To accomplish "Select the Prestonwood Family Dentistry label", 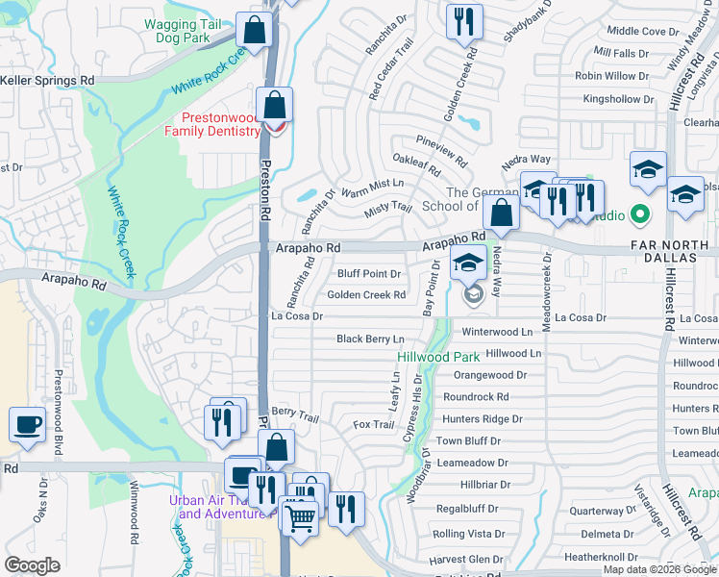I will pos(215,124).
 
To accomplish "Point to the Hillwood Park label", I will pos(425,357).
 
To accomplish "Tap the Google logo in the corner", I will pos(33,565).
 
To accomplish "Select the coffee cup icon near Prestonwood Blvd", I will pos(28,425).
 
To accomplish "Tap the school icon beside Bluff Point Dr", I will pos(468,263).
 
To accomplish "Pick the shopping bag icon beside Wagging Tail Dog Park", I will pos(255,30).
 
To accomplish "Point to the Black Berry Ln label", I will pos(370,339).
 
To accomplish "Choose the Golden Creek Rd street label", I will pos(366,295).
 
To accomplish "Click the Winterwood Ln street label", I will pos(497,332).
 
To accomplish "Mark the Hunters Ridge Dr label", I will pos(482,419).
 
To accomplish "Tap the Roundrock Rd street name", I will pos(476,396).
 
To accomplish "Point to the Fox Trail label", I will pos(374,424).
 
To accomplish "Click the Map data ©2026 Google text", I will pos(659,569).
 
